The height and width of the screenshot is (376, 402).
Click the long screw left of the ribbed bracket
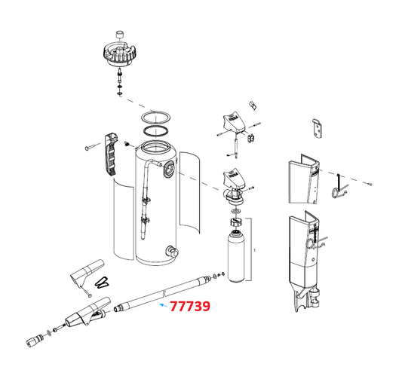click(x=94, y=148)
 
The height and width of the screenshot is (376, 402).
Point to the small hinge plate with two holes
click(x=318, y=129)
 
